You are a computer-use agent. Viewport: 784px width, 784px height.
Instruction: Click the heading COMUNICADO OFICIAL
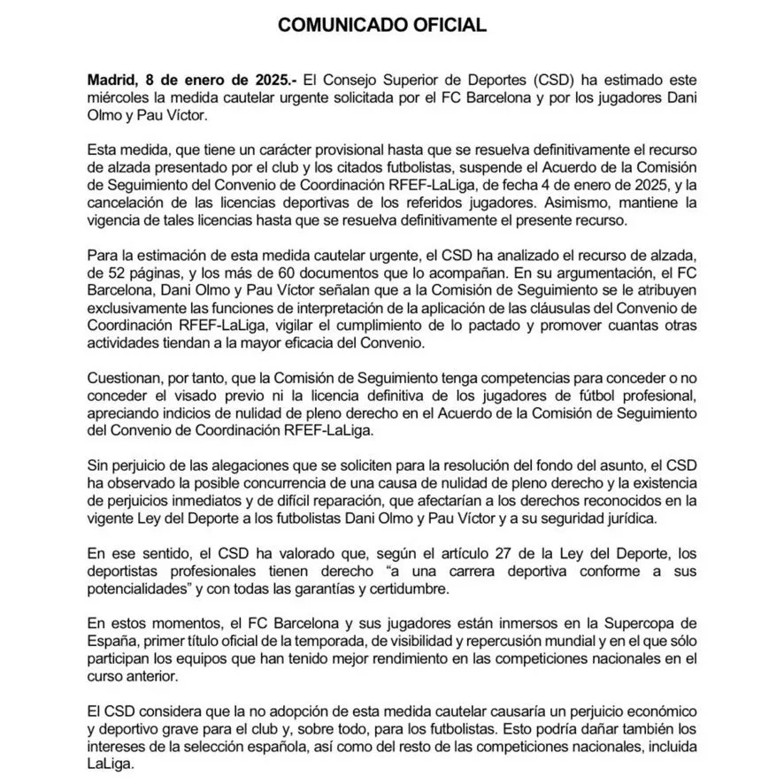[x=382, y=26]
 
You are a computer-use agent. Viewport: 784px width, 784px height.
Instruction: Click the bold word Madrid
[x=114, y=79]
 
